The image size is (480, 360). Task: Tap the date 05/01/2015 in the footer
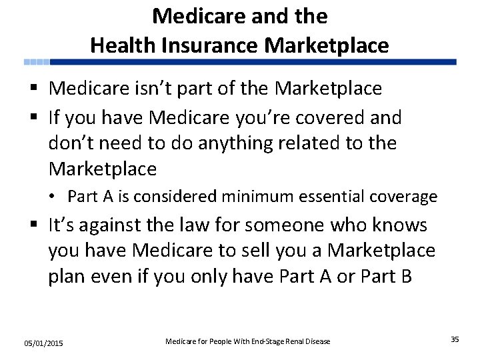43,343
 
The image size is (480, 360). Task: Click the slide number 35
455,339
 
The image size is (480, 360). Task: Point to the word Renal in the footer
295,341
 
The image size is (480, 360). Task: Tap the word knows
398,225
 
